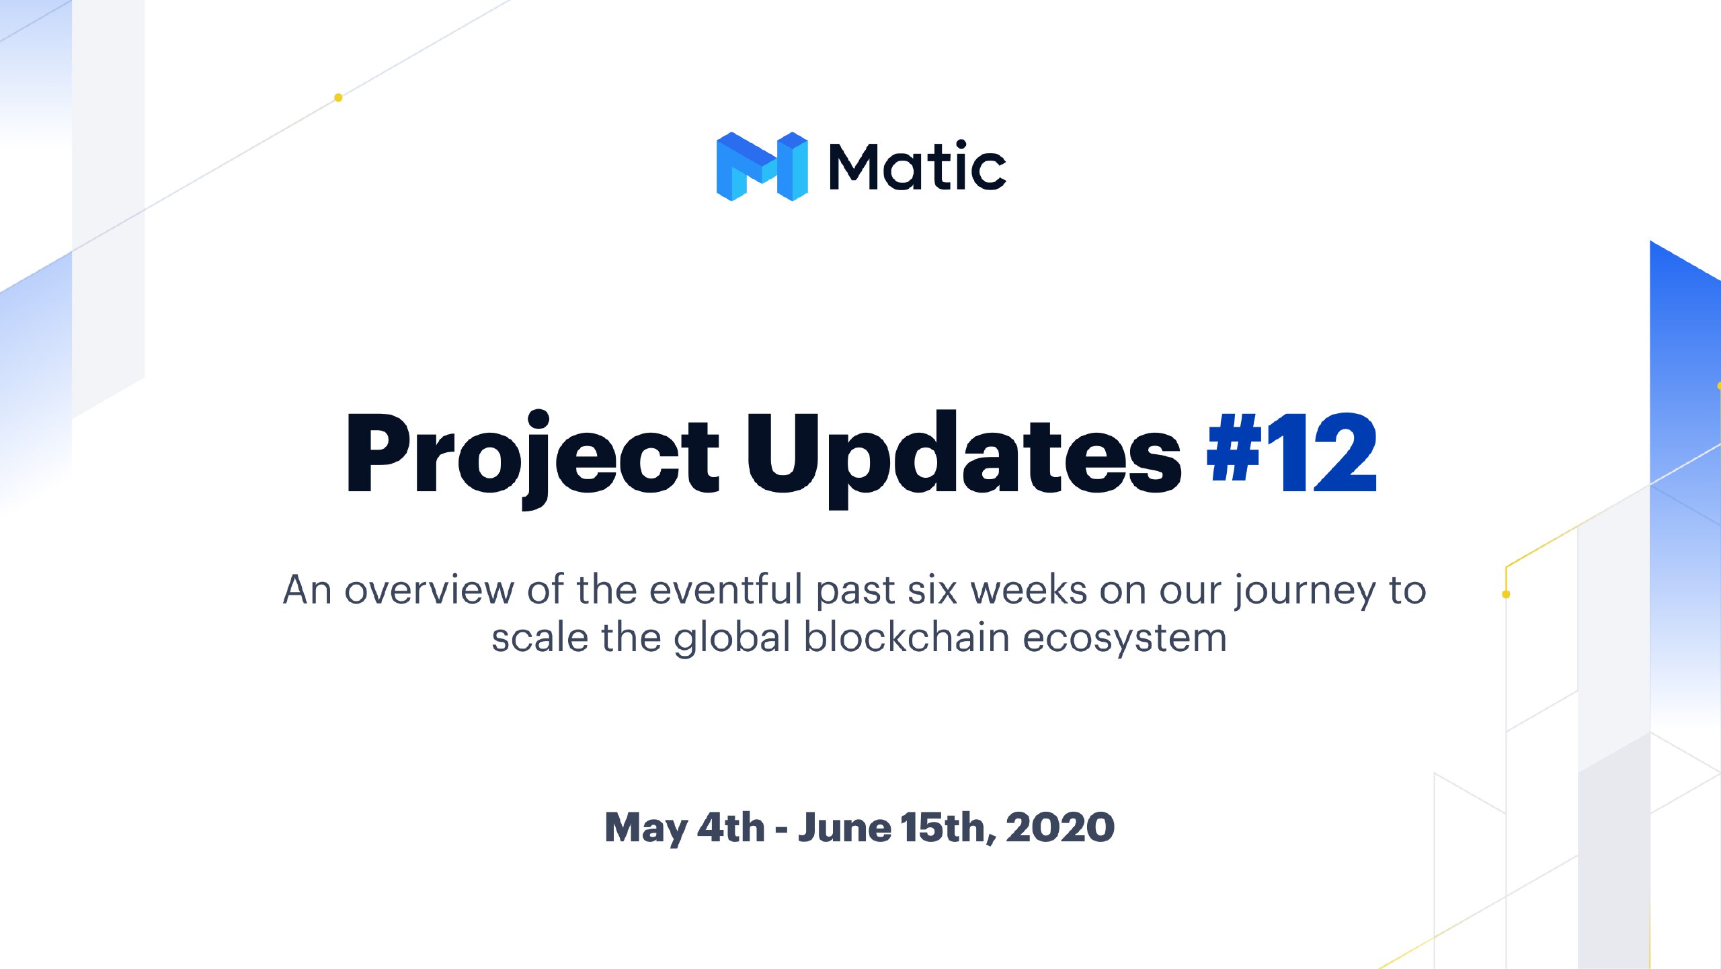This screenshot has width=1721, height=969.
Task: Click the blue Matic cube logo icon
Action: [x=762, y=166]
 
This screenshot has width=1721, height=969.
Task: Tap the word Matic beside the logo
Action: [x=918, y=165]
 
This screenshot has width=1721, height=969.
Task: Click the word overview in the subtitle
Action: [x=430, y=591]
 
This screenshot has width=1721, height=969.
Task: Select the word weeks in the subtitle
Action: [x=1029, y=590]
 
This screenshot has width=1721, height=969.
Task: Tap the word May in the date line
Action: [x=646, y=829]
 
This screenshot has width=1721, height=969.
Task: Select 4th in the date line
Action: [x=731, y=827]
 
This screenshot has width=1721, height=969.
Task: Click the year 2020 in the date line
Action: [x=1060, y=827]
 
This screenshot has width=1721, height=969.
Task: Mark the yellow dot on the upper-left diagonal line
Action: [x=338, y=97]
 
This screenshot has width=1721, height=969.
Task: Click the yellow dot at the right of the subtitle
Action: [x=1506, y=594]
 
